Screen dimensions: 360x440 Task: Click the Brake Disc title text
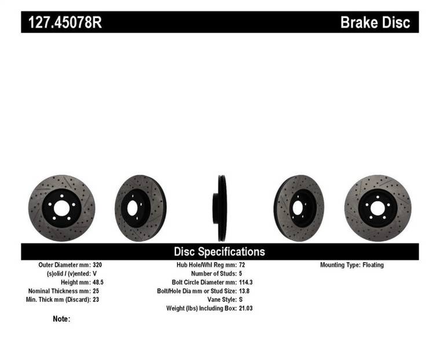(375, 23)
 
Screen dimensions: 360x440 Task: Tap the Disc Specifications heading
(219, 251)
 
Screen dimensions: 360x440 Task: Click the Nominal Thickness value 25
(96, 291)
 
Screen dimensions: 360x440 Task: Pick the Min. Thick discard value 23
(96, 300)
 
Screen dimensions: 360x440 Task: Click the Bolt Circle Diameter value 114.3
(247, 282)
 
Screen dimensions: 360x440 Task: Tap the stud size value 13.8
(245, 291)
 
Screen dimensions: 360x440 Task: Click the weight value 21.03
(245, 308)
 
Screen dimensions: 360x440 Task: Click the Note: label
(61, 319)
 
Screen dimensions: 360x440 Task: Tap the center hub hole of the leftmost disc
(61, 208)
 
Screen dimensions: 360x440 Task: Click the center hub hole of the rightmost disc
(377, 207)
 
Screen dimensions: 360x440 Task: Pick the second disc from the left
(140, 208)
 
